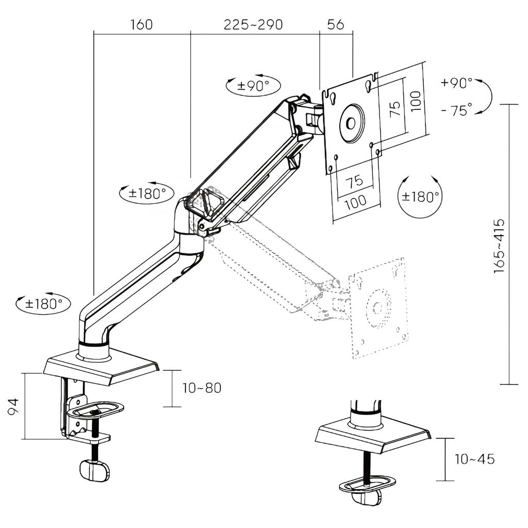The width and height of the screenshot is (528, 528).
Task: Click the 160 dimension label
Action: pyautogui.click(x=142, y=25)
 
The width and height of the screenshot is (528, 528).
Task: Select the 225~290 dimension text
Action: pyautogui.click(x=253, y=25)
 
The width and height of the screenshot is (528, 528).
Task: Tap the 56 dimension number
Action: pyautogui.click(x=335, y=25)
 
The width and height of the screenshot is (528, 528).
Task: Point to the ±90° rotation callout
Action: pyautogui.click(x=253, y=86)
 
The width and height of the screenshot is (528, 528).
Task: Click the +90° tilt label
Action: pyautogui.click(x=456, y=83)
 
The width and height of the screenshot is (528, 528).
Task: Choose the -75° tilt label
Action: pyautogui.click(x=456, y=110)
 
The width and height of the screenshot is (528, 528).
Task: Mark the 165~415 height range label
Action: pyautogui.click(x=499, y=245)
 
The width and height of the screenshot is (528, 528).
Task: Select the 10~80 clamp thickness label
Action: pyautogui.click(x=202, y=388)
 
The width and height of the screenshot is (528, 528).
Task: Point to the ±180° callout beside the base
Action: pyautogui.click(x=43, y=304)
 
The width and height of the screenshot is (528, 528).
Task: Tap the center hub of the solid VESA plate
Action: pyautogui.click(x=351, y=123)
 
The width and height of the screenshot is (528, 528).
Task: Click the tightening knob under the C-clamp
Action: pyautogui.click(x=95, y=470)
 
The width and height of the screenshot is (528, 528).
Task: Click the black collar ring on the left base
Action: pyautogui.click(x=94, y=343)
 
